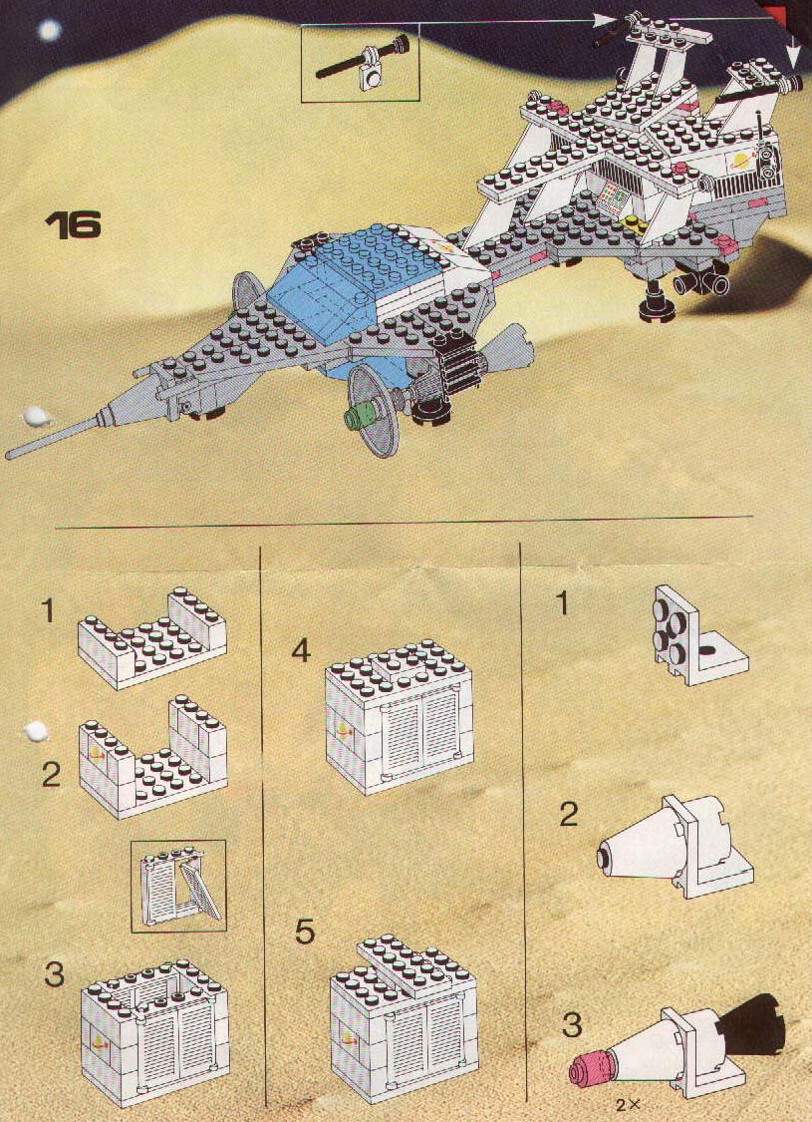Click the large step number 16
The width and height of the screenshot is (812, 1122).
[73, 224]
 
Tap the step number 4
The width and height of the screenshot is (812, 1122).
[302, 651]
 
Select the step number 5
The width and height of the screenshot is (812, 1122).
[305, 933]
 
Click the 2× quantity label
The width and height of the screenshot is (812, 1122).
[627, 1105]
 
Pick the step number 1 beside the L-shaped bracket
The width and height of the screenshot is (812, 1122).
[563, 604]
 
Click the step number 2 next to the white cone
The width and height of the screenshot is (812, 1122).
[569, 814]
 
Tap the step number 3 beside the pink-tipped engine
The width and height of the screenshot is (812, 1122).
[572, 1024]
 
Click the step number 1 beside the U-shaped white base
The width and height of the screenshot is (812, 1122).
[48, 611]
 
